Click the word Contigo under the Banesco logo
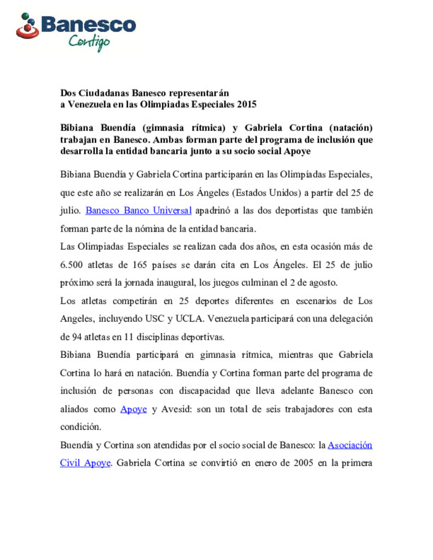(x=89, y=42)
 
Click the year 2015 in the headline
(x=247, y=105)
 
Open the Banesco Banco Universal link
(x=138, y=211)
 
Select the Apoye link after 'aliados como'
(x=134, y=409)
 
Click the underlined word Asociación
(x=350, y=445)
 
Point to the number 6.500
(x=71, y=265)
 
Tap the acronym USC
(x=154, y=319)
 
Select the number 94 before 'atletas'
(x=77, y=337)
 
